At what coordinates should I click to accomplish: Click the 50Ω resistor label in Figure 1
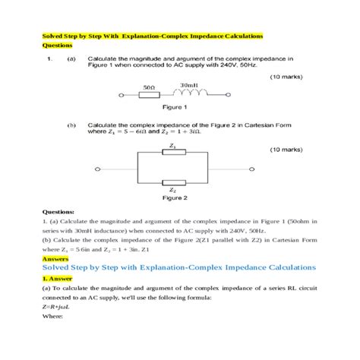[149, 88]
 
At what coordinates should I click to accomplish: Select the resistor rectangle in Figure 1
[149, 96]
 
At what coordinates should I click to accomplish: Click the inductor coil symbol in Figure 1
[190, 95]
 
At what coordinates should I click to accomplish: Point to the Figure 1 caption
[175, 108]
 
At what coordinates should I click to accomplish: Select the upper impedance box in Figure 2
[175, 152]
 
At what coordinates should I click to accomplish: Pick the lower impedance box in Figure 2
[175, 182]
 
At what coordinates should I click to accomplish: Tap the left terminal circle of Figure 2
[96, 168]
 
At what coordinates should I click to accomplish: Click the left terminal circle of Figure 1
[122, 96]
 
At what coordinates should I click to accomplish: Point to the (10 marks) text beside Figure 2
[288, 150]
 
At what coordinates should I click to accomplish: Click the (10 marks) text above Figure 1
[288, 77]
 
